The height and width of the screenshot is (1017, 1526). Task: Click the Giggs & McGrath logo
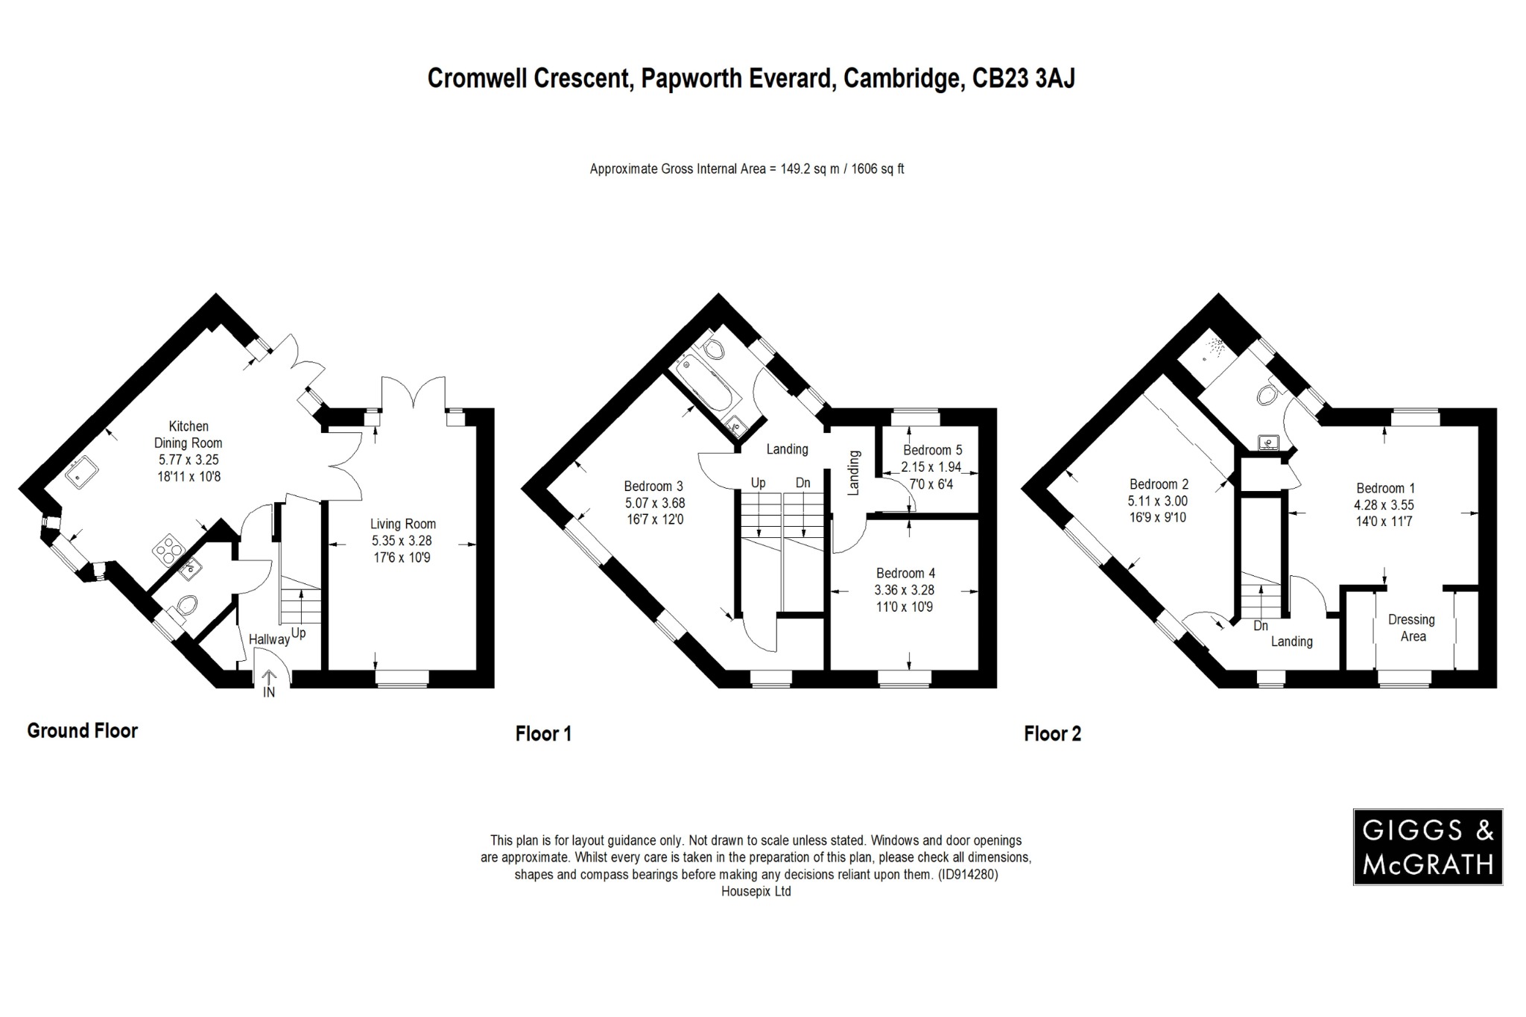click(1427, 846)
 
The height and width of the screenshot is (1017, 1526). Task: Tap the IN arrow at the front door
click(269, 681)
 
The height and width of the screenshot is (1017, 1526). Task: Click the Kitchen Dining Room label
click(189, 434)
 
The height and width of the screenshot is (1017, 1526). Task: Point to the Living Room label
click(403, 524)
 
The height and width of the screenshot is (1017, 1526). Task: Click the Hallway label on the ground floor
click(268, 639)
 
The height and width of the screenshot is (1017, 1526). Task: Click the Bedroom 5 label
click(932, 450)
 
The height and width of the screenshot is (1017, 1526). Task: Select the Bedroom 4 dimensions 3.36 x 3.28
click(905, 590)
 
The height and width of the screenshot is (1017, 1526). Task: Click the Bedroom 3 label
click(653, 487)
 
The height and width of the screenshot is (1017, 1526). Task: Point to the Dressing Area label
click(1412, 627)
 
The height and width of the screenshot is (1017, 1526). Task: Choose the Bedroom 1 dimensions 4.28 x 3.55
click(1384, 505)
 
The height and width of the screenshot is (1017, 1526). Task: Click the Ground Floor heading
click(83, 731)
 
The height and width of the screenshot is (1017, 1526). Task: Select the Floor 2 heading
click(1052, 734)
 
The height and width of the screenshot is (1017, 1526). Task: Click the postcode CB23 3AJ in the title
click(1024, 78)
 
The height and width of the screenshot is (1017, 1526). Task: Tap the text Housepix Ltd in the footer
click(756, 891)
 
